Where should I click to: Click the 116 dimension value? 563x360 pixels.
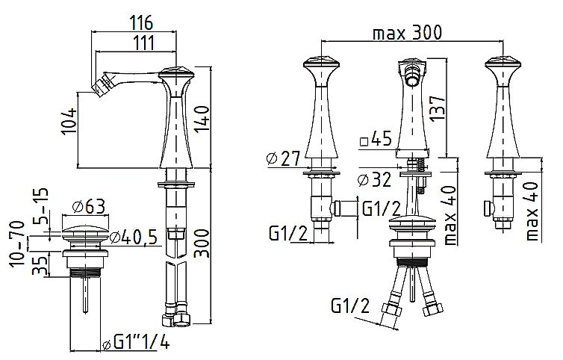(141, 23)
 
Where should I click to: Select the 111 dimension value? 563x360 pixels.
(143, 43)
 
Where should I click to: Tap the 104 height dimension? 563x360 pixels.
(69, 121)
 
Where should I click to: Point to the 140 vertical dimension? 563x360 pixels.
(202, 120)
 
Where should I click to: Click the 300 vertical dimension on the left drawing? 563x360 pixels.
(202, 243)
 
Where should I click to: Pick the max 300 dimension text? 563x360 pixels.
(407, 33)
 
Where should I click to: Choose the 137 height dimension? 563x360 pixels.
(437, 108)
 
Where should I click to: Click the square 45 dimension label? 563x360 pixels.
(376, 139)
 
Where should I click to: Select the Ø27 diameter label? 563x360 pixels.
(283, 158)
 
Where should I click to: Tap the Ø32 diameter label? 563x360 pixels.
(375, 179)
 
